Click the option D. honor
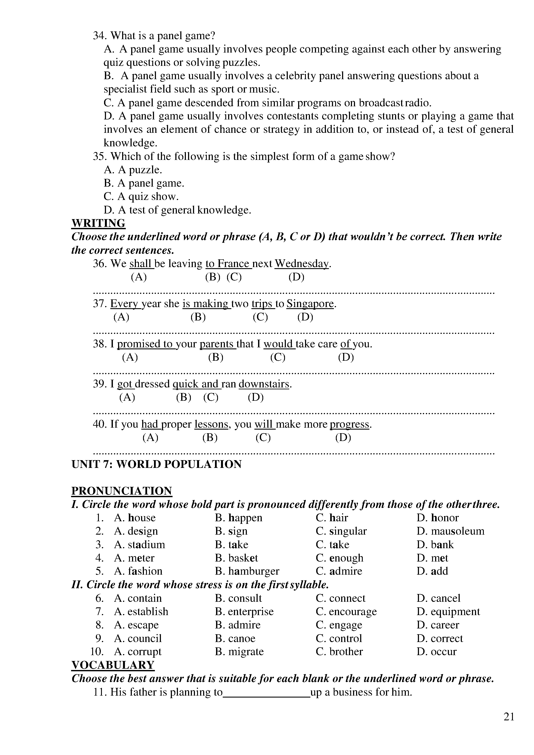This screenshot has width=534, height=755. [437, 518]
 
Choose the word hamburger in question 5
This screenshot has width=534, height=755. [254, 571]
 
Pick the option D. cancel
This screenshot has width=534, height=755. [439, 598]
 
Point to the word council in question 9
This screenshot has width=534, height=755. [145, 638]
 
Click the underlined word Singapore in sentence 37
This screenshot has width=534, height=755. [310, 303]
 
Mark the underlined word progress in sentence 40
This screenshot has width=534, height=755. [349, 424]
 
